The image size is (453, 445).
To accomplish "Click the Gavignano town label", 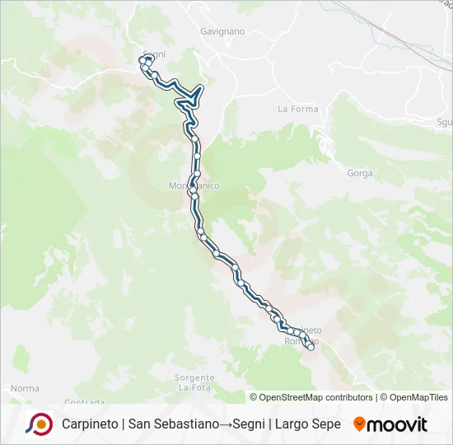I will coord(222,31).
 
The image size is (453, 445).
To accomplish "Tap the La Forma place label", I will coord(292,109).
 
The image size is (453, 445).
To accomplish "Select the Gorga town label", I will coord(360,173).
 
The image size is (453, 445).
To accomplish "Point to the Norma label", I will coord(25,387).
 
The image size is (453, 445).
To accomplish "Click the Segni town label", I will coord(154,54).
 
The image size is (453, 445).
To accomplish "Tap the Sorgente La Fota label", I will coord(194,382).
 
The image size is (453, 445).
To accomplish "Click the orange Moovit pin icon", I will coord(359,424).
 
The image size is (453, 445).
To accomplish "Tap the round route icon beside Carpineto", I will coord(39,424).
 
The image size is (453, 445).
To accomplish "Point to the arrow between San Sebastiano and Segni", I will coord(224,424).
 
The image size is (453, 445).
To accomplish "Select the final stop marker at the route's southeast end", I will coord(311,347).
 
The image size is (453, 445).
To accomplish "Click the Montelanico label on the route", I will coord(194,187).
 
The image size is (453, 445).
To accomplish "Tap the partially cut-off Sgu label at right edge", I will coord(445,122).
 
